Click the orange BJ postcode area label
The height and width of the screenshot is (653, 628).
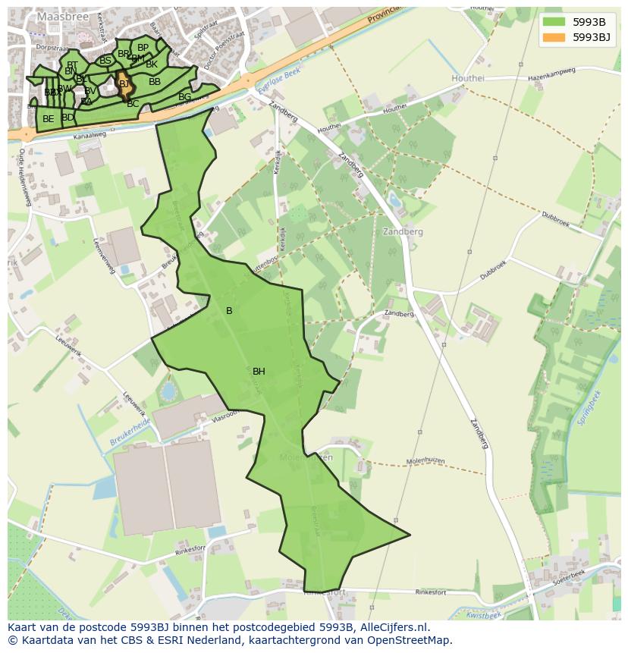tap(124, 84)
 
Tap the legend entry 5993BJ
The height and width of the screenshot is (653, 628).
tap(592, 37)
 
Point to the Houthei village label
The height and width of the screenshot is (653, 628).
tap(467, 78)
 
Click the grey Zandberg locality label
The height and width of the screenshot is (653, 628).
tap(403, 231)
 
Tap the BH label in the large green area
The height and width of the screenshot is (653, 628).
tap(259, 372)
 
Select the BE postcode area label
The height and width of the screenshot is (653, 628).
tap(48, 119)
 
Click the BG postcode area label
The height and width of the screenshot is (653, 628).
tap(184, 97)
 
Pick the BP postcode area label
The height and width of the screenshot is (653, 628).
tap(143, 48)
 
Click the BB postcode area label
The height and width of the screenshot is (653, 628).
tap(154, 82)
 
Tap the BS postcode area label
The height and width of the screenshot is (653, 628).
tap(105, 61)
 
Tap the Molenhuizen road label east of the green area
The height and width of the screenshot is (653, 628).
tap(425, 460)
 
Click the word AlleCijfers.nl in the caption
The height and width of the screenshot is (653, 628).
tap(394, 627)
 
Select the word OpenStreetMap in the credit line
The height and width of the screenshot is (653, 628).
tap(411, 640)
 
